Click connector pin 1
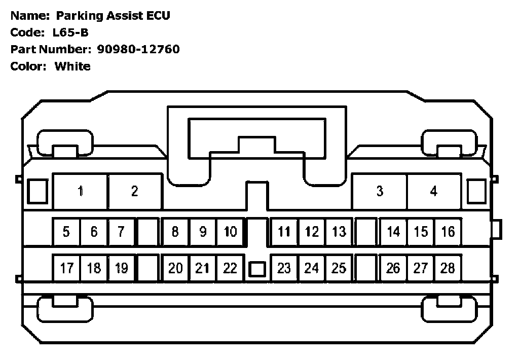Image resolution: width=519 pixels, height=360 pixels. coord(80,191)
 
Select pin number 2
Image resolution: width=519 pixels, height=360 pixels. coord(134,191)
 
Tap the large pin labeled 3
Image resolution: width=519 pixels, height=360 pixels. coord(380,191)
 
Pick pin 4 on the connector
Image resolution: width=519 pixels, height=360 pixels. coord(433,191)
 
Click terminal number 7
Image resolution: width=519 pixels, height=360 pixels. coord(121,232)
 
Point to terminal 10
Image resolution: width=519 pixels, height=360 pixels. coord(230,232)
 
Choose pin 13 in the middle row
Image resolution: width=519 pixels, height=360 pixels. coord(339,232)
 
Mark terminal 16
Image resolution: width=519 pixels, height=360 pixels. coord(448,232)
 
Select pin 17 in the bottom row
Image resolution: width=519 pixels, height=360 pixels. coord(66,268)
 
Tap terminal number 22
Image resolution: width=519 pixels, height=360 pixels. coord(230,268)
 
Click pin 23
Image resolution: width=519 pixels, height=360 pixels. coord(284,268)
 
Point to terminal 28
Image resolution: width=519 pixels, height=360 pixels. coord(448,268)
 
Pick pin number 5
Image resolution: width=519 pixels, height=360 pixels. coord(66,232)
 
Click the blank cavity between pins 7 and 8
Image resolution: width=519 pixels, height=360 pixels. coord(148,232)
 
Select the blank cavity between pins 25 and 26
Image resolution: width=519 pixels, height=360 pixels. coord(366,268)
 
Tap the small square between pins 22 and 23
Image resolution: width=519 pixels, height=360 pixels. coord(257,269)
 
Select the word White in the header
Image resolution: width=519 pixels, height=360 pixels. coord(72,66)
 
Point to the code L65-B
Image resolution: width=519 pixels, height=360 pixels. coord(70,32)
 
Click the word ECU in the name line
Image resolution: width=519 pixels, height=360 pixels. coord(158,16)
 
